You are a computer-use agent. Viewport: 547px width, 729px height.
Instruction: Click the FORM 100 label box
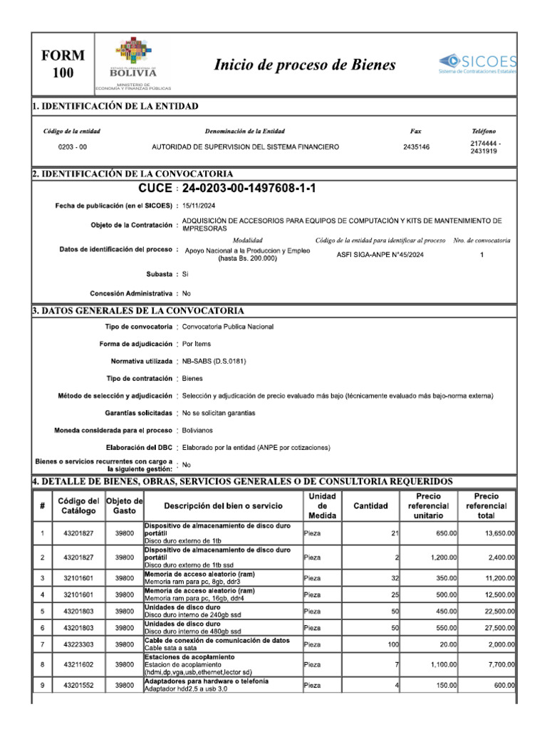[x=63, y=64]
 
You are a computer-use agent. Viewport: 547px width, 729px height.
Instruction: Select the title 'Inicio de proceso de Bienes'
[x=305, y=65]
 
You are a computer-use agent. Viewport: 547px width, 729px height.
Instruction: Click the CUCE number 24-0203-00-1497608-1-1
[x=249, y=188]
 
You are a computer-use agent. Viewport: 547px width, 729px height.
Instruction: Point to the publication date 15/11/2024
[x=199, y=205]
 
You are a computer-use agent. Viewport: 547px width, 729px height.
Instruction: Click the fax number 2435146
[x=416, y=147]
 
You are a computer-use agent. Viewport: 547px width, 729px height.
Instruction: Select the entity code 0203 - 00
[x=72, y=147]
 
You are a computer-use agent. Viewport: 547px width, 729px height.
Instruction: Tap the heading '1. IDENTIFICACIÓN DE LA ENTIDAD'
[x=115, y=106]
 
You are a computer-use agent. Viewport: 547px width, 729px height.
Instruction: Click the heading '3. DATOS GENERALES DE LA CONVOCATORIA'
[x=138, y=311]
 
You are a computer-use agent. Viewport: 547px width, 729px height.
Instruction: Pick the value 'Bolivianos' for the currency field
[x=197, y=430]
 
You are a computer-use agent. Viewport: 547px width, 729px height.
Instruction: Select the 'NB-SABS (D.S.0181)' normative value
[x=214, y=361]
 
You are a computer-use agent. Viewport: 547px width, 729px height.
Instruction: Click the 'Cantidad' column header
[x=370, y=505]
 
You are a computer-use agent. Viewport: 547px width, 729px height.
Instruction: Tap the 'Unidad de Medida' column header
[x=322, y=505]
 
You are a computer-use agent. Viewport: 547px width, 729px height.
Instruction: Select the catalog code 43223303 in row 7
[x=77, y=644]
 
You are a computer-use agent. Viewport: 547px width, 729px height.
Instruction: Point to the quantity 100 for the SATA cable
[x=391, y=644]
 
